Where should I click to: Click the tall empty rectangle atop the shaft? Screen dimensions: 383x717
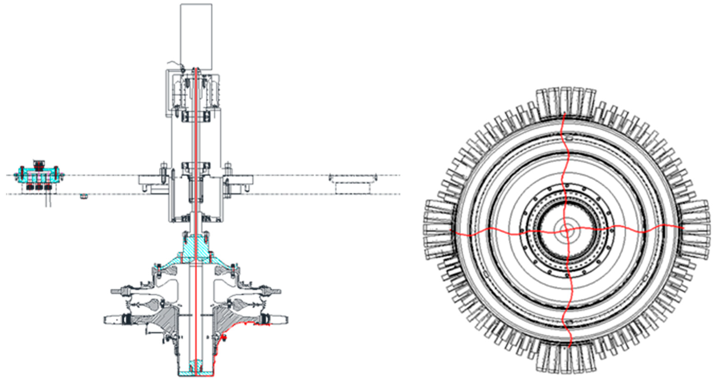(x=196, y=36)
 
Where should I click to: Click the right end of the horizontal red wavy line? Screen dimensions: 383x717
(x=683, y=228)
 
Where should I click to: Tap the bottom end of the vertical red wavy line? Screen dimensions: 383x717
(x=570, y=347)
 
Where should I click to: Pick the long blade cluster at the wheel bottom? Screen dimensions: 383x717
(x=566, y=359)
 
